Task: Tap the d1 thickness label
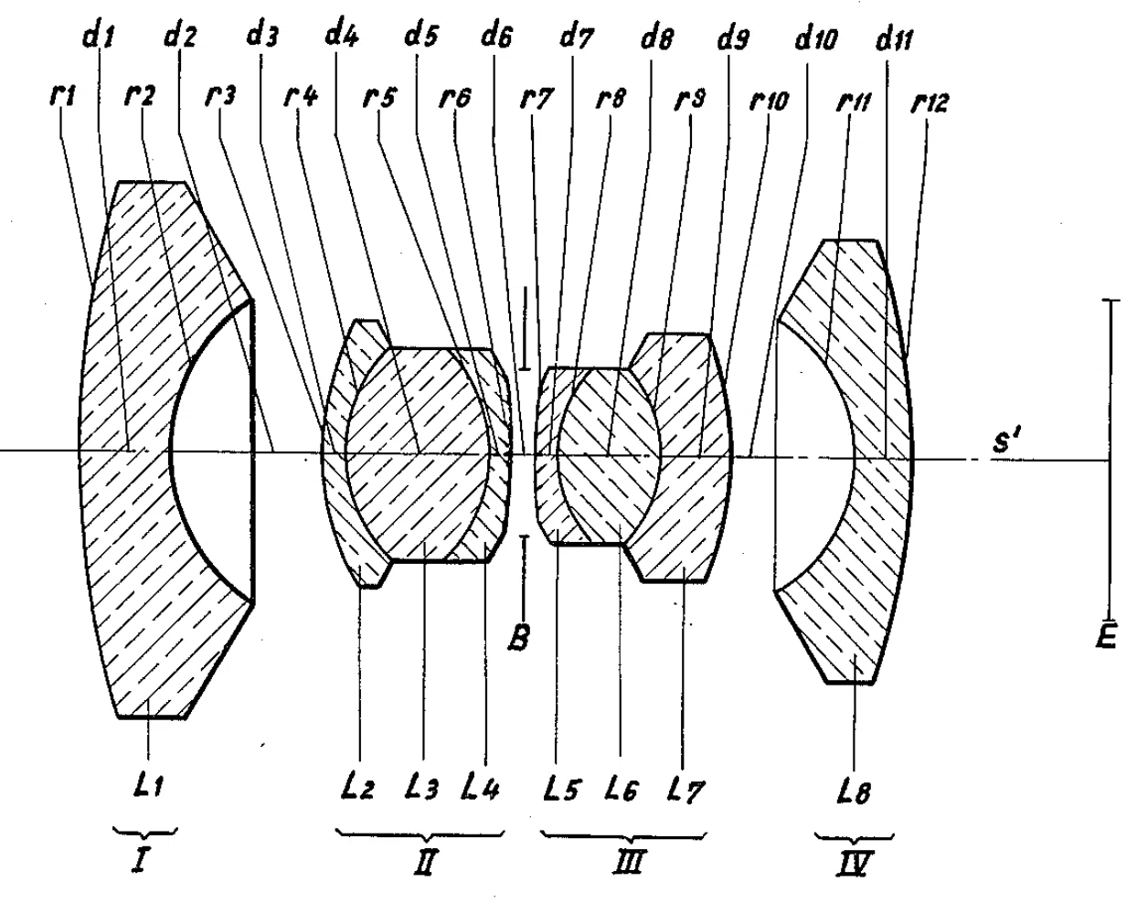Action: click(100, 37)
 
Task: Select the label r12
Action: click(929, 102)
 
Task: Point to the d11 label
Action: click(895, 39)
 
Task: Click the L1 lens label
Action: click(149, 786)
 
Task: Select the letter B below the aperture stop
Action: click(518, 636)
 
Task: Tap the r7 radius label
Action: click(537, 99)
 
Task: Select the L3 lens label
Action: click(421, 786)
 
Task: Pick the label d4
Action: click(342, 35)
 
